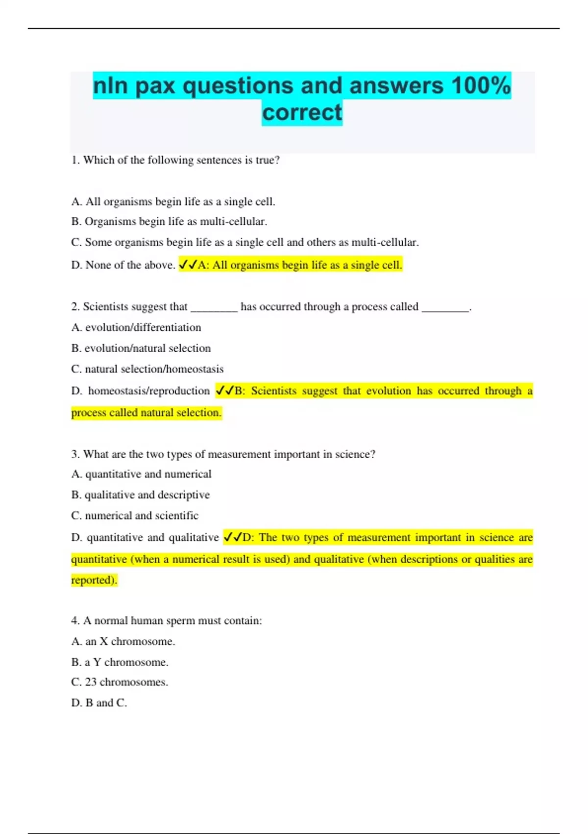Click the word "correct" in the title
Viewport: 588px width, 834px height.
pyautogui.click(x=302, y=112)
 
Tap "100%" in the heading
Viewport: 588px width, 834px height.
pyautogui.click(x=481, y=86)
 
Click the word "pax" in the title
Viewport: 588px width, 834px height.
pyautogui.click(x=155, y=86)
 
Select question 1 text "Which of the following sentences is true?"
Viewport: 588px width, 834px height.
pyautogui.click(x=181, y=160)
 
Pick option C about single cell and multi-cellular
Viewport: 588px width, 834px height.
pyautogui.click(x=245, y=242)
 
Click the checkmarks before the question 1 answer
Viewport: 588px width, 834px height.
pyautogui.click(x=188, y=265)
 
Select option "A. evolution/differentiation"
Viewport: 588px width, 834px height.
pyautogui.click(x=136, y=327)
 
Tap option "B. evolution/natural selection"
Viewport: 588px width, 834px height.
pyautogui.click(x=141, y=348)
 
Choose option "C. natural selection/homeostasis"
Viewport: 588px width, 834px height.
pyautogui.click(x=147, y=369)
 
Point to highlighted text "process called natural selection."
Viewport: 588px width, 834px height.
pyautogui.click(x=147, y=413)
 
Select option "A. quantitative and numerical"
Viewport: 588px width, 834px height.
pyautogui.click(x=142, y=474)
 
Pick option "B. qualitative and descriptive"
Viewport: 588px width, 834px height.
pyautogui.click(x=141, y=495)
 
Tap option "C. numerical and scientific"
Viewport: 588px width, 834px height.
pyautogui.click(x=135, y=516)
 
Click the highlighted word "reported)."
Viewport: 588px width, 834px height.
pyautogui.click(x=94, y=580)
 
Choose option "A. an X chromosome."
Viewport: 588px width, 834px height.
pyautogui.click(x=123, y=641)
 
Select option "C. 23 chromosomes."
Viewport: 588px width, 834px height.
pyautogui.click(x=120, y=682)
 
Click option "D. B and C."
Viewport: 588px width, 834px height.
pyautogui.click(x=99, y=703)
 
